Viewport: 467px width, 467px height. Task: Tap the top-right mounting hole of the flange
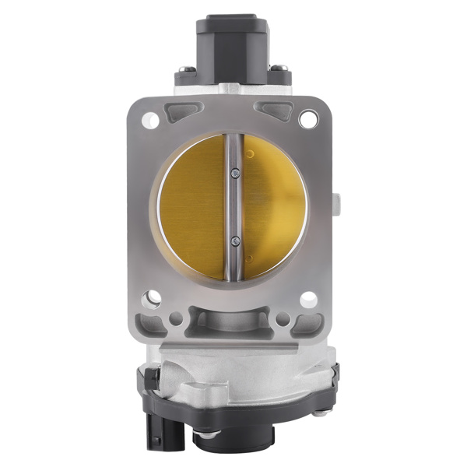[308, 119]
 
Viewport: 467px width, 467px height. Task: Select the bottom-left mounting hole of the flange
[150, 297]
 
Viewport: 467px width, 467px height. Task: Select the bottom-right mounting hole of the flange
[307, 297]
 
